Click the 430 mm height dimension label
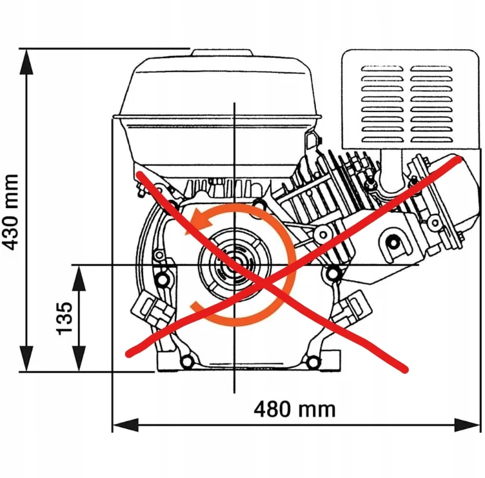10,212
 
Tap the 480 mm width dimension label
295,409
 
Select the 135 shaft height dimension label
64,318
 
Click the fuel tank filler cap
222,53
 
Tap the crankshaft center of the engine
235,265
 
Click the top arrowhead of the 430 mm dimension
26,62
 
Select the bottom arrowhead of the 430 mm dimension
26,359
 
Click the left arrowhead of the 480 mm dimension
125,425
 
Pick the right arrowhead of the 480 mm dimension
467,425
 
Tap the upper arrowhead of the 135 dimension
79,278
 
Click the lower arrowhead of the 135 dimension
79,359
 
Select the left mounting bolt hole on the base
186,361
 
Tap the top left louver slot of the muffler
382,68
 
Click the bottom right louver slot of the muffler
431,139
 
